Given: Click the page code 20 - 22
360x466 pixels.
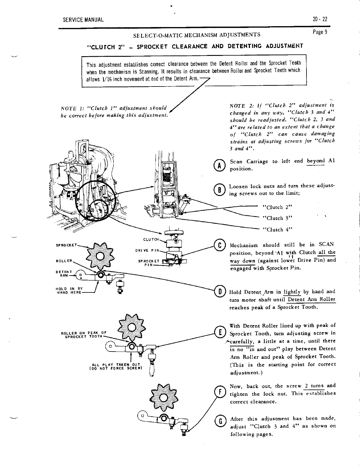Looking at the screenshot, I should click(320, 19).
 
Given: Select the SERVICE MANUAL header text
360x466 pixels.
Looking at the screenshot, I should click(83, 20).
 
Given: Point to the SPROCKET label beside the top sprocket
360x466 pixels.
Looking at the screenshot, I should click(67, 245).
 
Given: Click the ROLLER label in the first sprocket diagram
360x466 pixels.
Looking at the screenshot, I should click(64, 261).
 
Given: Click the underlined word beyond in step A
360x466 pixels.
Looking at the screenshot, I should click(316, 161).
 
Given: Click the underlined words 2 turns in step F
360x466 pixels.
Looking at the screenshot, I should click(314, 386).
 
